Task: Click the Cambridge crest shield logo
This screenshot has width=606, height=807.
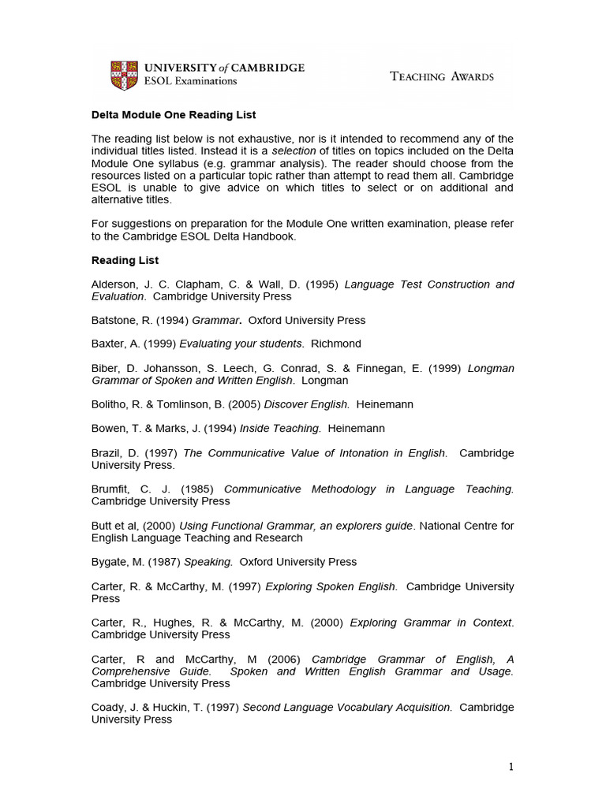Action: pos(122,74)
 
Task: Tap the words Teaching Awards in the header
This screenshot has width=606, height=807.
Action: pos(442,76)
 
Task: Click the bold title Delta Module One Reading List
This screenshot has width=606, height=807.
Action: pos(174,115)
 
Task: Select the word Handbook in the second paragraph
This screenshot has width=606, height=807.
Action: pos(270,236)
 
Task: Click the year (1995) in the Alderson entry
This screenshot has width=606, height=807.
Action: pos(324,284)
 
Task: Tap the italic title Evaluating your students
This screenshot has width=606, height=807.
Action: pos(241,344)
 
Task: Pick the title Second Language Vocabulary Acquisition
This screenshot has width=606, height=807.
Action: pos(347,708)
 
